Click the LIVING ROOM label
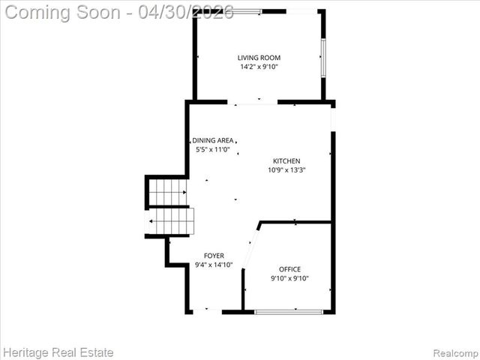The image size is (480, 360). [x=259, y=58]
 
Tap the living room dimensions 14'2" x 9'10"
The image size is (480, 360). [x=259, y=67]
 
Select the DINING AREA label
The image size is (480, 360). [x=213, y=140]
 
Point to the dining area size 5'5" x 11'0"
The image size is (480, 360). [x=213, y=149]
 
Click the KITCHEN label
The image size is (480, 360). [x=286, y=160]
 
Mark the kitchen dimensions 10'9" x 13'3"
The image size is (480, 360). [x=286, y=169]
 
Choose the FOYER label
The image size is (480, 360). [x=214, y=256]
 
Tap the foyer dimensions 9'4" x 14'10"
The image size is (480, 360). [x=214, y=265]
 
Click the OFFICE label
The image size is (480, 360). [x=289, y=269]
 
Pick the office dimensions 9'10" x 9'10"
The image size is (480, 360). [x=289, y=278]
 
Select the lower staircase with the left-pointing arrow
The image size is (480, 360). [x=171, y=221]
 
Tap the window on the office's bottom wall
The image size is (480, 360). [x=289, y=311]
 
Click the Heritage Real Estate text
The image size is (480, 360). [x=58, y=351]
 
